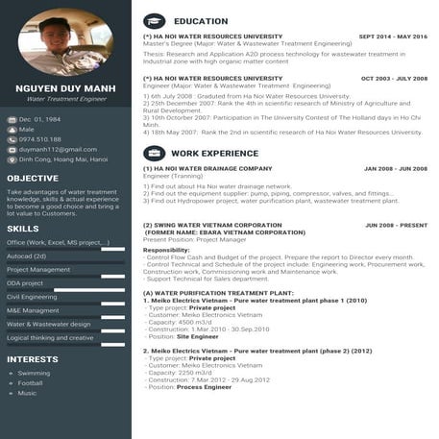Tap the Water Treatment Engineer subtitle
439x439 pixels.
tap(65, 99)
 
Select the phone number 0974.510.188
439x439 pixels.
tap(39, 139)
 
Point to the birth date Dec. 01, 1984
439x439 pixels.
tap(39, 119)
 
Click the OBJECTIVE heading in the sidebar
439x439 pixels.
tap(33, 178)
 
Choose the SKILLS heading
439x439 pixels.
tap(23, 229)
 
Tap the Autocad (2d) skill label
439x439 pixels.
tap(27, 256)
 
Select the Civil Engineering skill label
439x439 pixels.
tap(32, 297)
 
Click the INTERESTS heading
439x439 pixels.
tap(33, 359)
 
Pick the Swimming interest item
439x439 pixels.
tap(34, 373)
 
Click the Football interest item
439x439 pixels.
tap(31, 382)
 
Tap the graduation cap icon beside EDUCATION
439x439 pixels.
tap(154, 20)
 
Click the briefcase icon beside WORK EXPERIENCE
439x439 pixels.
tap(154, 153)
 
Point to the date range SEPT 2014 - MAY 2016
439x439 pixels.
tap(393, 37)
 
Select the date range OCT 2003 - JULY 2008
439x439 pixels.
tap(394, 79)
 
